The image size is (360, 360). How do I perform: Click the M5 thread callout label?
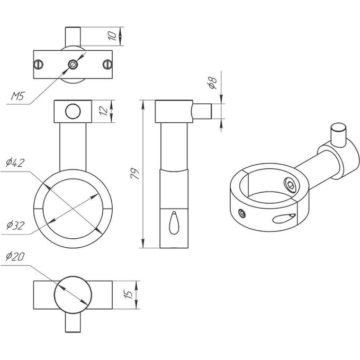(x=17, y=96)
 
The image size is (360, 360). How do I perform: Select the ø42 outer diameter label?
(x=15, y=163)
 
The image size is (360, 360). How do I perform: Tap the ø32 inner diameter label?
(x=15, y=225)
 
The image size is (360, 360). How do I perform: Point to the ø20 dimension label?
(x=15, y=256)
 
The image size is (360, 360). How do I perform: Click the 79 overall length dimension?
(x=135, y=174)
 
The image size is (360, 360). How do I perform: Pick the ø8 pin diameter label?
(x=212, y=83)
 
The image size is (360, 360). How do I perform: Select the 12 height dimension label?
(x=104, y=111)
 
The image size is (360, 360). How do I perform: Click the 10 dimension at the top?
(x=112, y=36)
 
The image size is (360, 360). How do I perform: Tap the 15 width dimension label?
(x=128, y=294)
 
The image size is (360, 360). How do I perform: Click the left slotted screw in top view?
(x=39, y=65)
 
